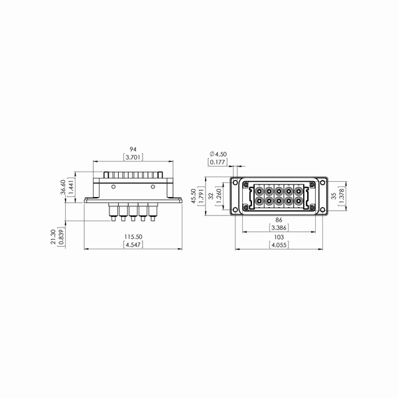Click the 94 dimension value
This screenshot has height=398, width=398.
pyautogui.click(x=133, y=149)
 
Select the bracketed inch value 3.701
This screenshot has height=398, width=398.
pyautogui.click(x=133, y=157)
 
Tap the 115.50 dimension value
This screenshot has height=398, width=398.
pyautogui.click(x=133, y=237)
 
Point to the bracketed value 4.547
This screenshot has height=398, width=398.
pyautogui.click(x=133, y=245)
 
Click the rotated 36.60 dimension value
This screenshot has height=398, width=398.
pyautogui.click(x=63, y=187)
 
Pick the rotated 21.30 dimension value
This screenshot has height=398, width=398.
pyautogui.click(x=53, y=237)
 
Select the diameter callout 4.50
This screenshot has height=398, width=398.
pyautogui.click(x=218, y=154)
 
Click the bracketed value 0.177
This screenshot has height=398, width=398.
pyautogui.click(x=218, y=162)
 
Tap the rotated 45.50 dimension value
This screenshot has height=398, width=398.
pyautogui.click(x=194, y=196)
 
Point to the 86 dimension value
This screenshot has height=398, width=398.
pyautogui.click(x=279, y=220)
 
